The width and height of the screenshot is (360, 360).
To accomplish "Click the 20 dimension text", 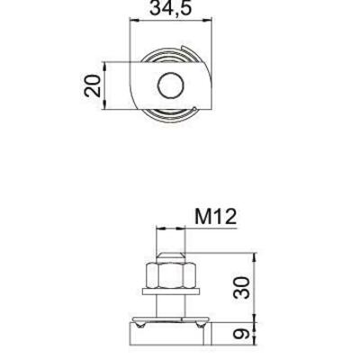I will (93, 86).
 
